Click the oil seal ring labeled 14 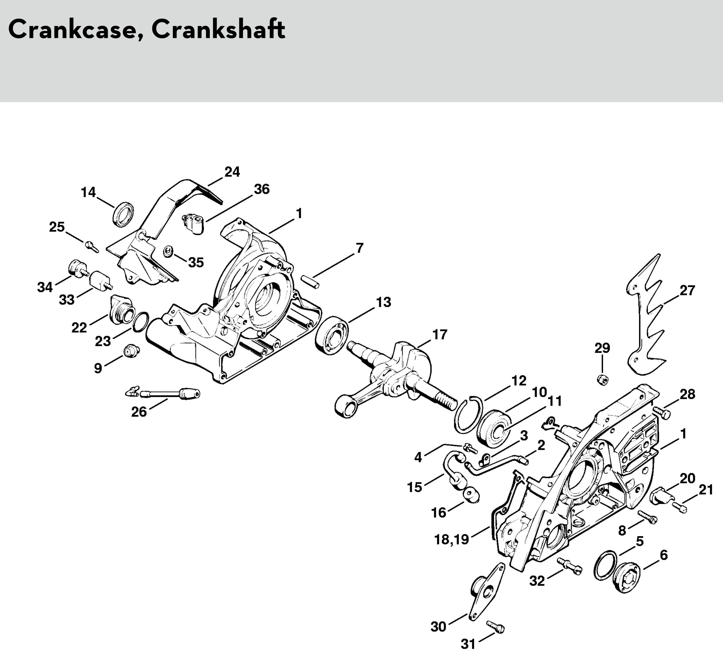click(123, 214)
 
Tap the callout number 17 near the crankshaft click(440, 335)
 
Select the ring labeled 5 click(606, 565)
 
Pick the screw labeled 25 click(92, 246)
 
